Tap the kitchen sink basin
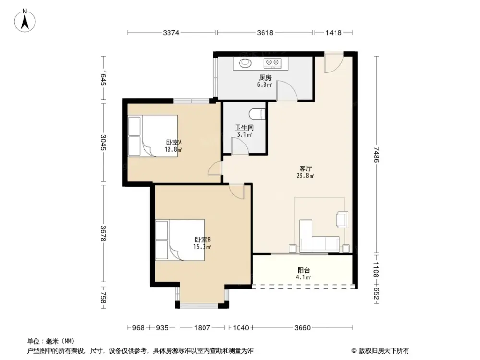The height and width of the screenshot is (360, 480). (245, 62)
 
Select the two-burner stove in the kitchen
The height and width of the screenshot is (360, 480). (272, 62)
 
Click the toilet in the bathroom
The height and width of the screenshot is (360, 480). (257, 113)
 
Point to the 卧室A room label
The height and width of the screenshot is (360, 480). (173, 143)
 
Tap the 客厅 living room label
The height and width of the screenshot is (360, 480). (306, 169)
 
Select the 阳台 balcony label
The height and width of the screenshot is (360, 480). (303, 270)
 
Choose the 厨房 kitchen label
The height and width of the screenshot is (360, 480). (265, 78)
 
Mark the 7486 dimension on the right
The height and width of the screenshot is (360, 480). (377, 155)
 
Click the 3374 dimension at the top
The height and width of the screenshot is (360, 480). (171, 33)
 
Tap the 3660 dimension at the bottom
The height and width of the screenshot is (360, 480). (302, 328)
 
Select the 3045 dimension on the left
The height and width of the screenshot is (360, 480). (103, 142)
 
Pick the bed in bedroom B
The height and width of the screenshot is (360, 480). (180, 240)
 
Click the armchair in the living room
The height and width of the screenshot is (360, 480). (343, 219)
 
